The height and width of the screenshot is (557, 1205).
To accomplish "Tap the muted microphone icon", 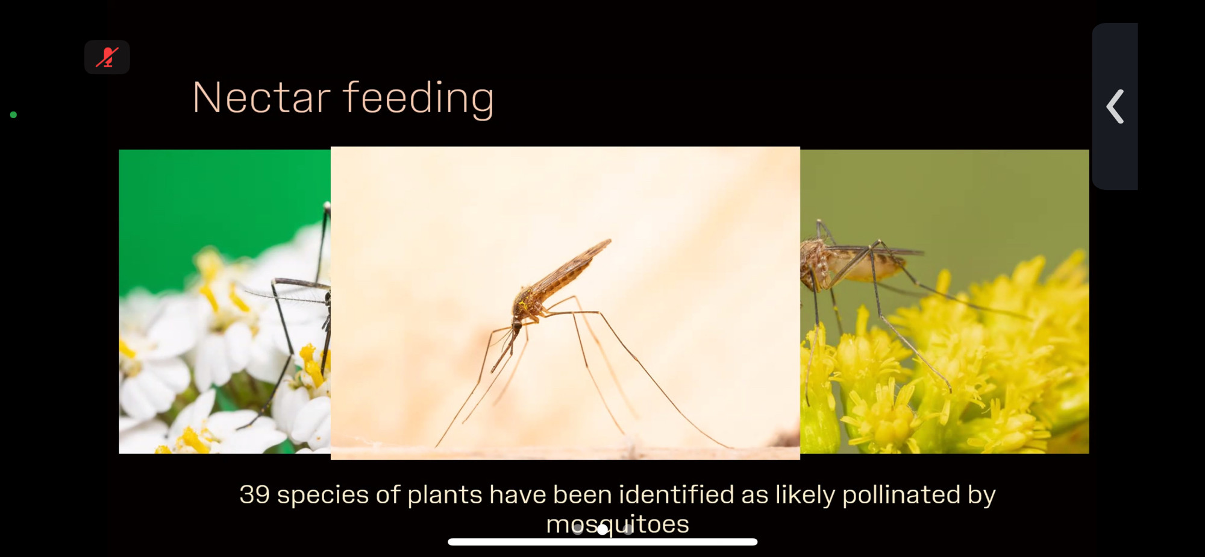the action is [107, 57].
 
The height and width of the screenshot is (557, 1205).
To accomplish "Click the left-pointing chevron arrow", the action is [1115, 107].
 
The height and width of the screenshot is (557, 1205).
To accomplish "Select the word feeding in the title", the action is [419, 99].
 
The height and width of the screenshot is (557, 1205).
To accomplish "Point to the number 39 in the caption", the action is [254, 495].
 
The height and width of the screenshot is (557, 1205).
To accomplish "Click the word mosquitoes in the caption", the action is [618, 524].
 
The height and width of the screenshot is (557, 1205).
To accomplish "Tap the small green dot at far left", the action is [13, 115].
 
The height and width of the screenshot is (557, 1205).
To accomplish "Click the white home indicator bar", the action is [602, 542].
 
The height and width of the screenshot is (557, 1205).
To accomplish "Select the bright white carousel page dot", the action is [602, 529].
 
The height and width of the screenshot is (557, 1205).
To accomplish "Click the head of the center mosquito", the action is [516, 326].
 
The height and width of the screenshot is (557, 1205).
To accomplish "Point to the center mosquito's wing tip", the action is [609, 241].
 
